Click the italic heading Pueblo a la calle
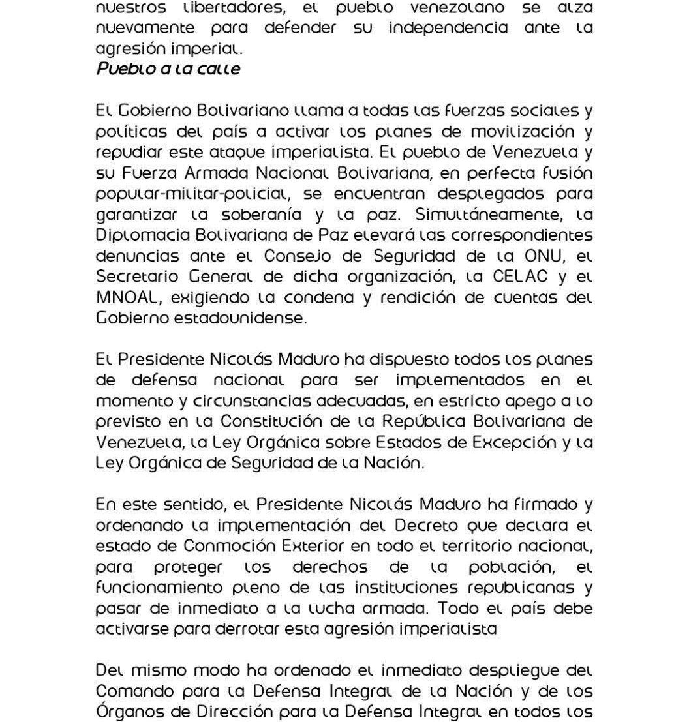[168, 68]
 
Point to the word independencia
[448, 29]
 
